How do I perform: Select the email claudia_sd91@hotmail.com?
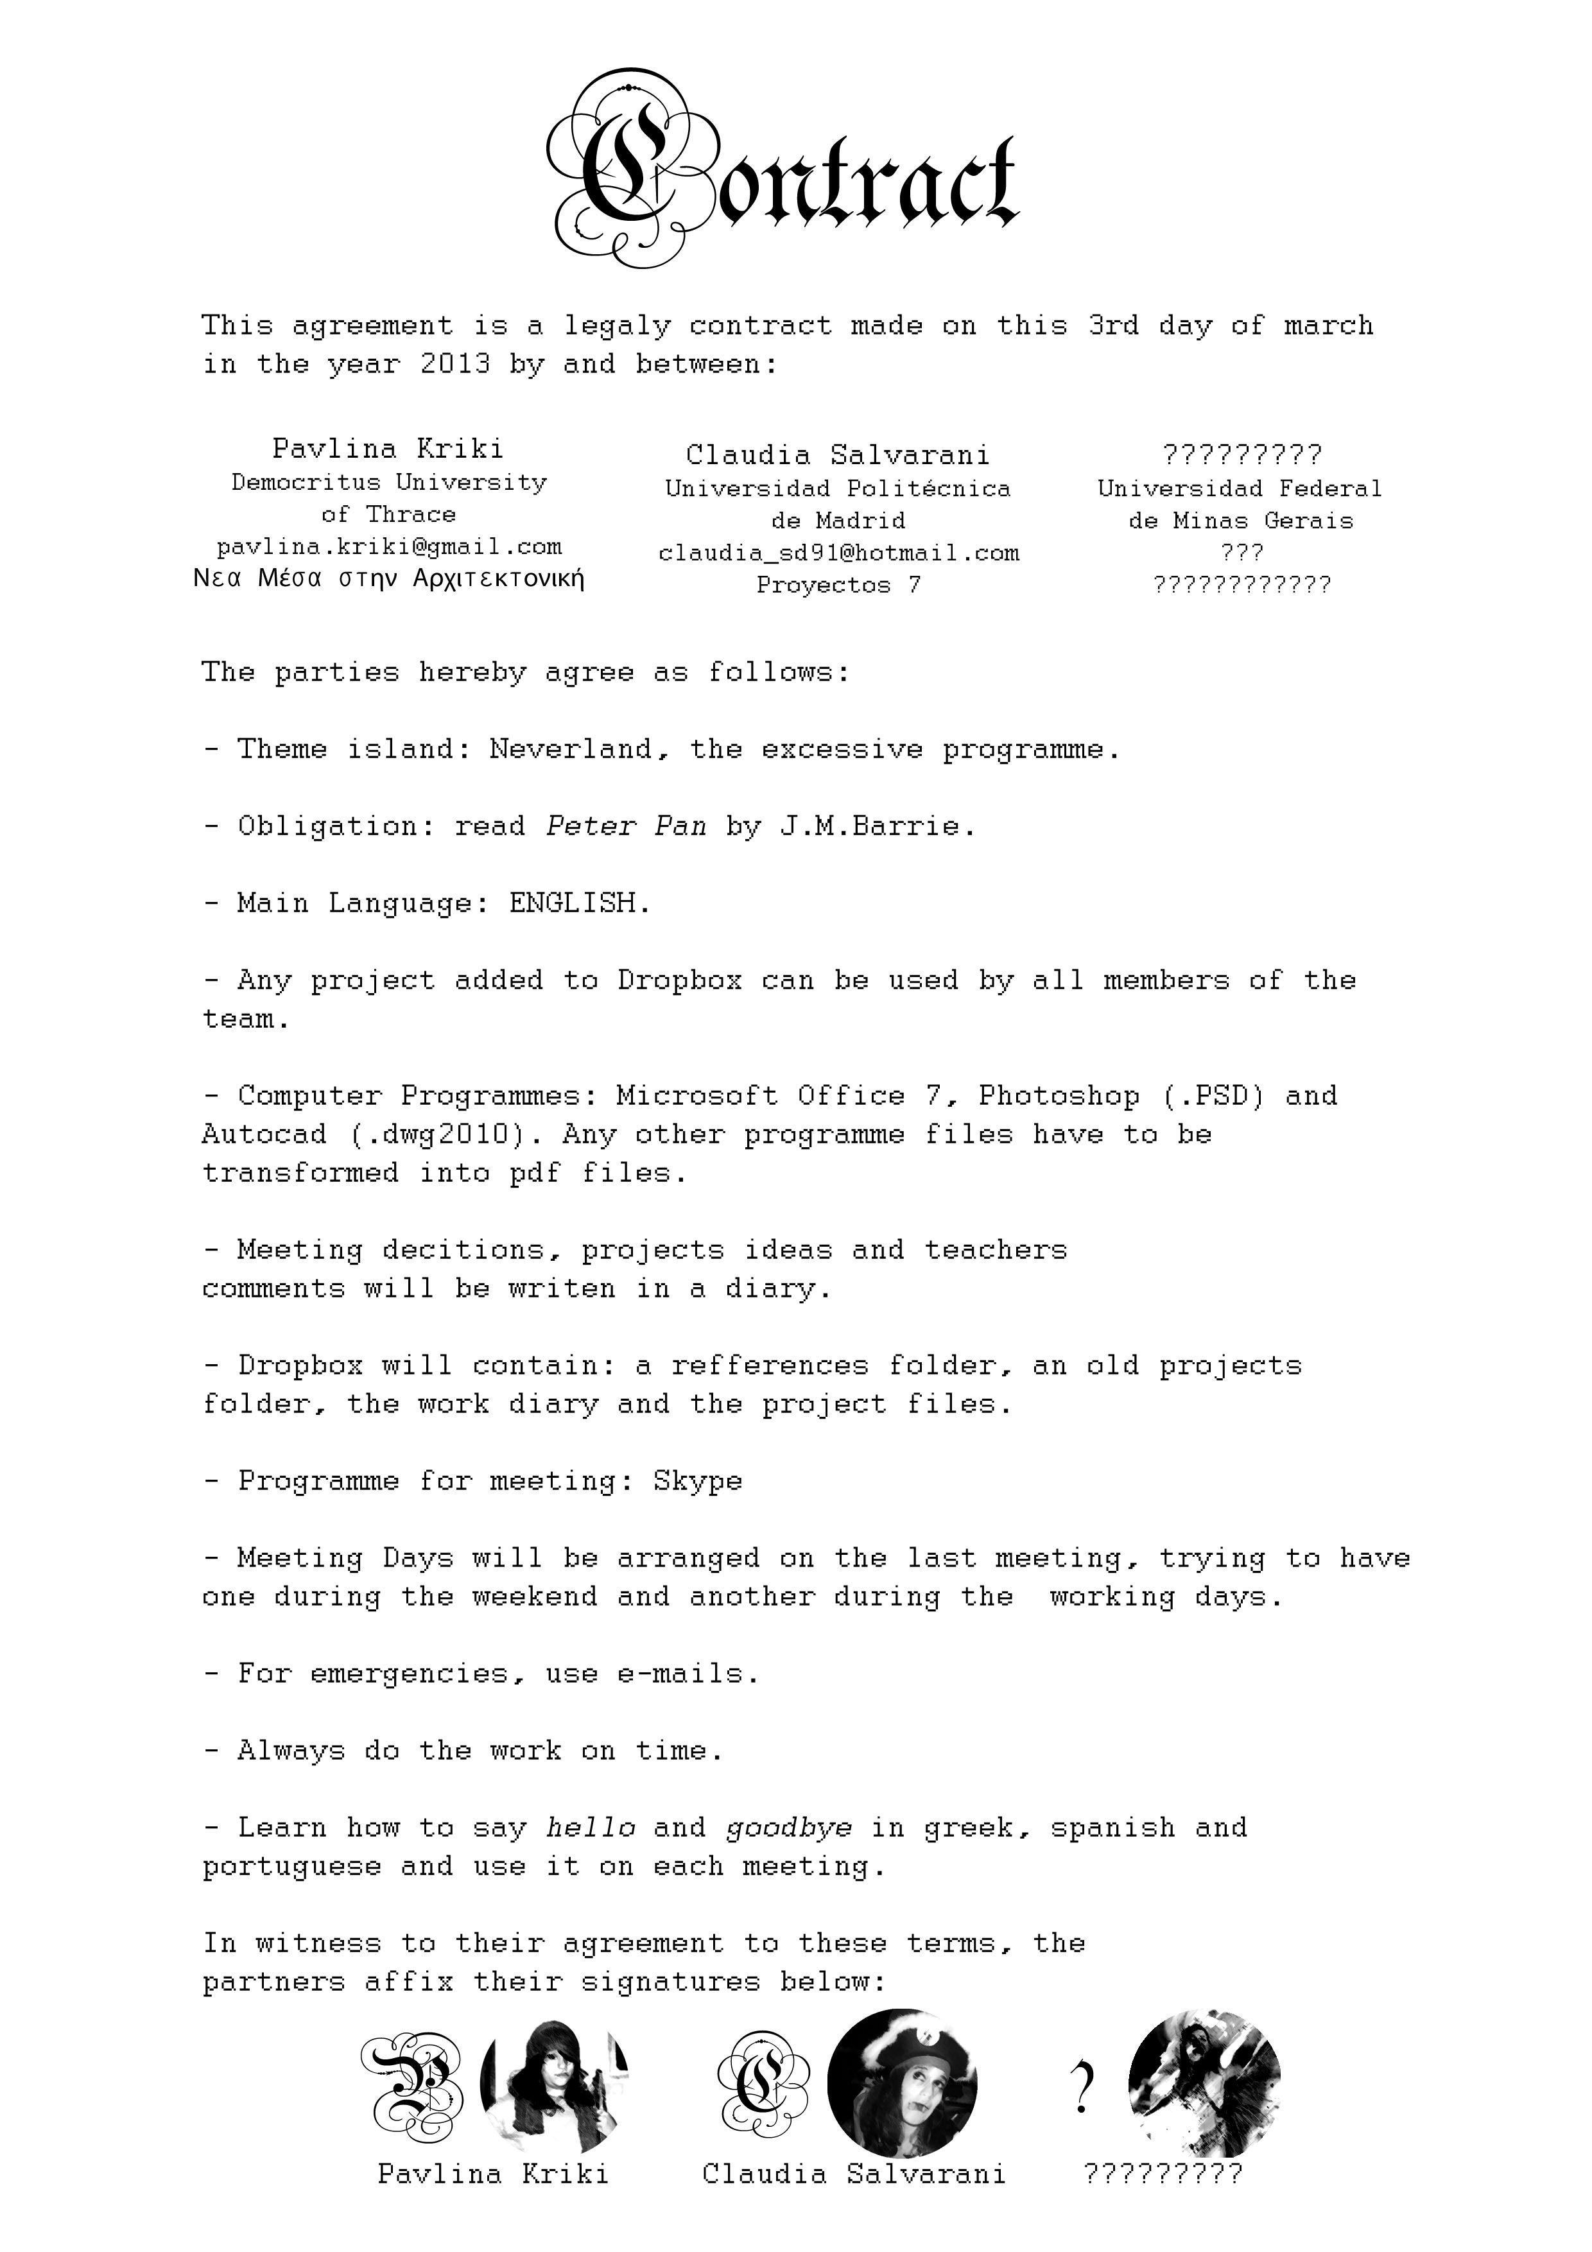(x=838, y=553)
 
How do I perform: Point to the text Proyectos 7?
(x=838, y=585)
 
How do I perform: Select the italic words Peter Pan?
(x=626, y=826)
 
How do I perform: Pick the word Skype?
(x=697, y=1481)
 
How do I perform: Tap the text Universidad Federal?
(x=1240, y=489)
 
